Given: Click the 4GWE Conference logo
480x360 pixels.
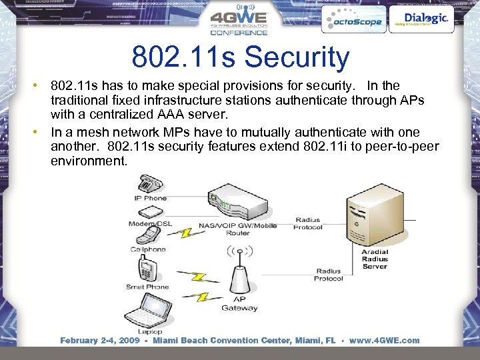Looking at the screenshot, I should [x=239, y=22].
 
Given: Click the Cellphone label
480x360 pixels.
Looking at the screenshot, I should [x=148, y=249].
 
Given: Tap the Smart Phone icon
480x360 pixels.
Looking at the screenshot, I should [x=147, y=270].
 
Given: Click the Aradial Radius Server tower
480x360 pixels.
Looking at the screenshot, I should [x=373, y=217].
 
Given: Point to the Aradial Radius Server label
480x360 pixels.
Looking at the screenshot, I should [x=375, y=259].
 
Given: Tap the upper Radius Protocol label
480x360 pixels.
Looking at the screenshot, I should [x=309, y=223].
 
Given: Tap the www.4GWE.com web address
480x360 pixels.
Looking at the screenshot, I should [x=385, y=340].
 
